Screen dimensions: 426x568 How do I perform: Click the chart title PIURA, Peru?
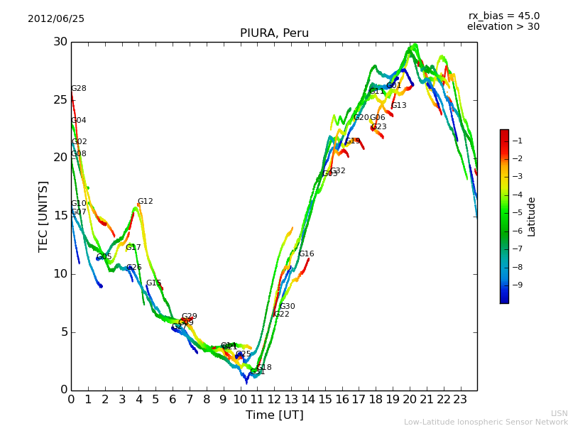point(274,33)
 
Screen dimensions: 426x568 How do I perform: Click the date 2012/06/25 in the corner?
point(56,18)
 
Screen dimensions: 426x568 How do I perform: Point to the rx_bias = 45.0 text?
point(503,16)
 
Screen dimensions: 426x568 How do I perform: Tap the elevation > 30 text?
point(503,27)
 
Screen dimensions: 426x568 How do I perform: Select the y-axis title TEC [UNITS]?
point(43,216)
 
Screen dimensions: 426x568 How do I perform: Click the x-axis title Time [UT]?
point(274,415)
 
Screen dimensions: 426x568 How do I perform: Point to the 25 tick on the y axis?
point(60,99)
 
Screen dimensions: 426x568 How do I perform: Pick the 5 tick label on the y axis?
point(63,332)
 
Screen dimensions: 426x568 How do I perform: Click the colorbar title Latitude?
point(532,217)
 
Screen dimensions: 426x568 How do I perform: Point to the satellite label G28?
point(79,89)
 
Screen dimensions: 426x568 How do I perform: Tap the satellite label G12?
point(145,202)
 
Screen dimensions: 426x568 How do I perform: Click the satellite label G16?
point(306,254)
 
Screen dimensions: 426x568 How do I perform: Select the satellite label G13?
point(398,106)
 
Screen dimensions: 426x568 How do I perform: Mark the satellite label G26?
point(133,268)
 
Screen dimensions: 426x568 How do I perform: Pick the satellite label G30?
point(287,307)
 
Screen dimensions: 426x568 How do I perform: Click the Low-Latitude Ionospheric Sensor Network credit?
point(486,422)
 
